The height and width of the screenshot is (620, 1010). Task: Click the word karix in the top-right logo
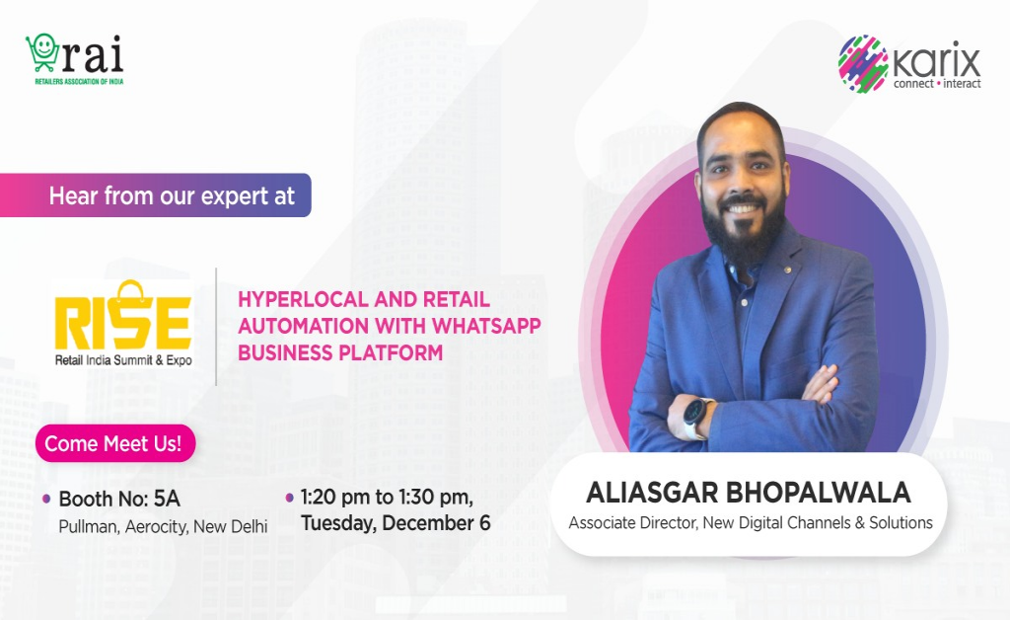[x=936, y=63]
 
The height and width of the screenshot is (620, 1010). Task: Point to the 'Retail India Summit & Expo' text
[x=123, y=359]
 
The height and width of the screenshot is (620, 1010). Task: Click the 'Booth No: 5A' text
[x=119, y=499]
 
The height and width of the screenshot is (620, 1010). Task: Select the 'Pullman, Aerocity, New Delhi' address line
[x=163, y=526]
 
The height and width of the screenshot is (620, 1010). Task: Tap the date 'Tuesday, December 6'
[x=395, y=522]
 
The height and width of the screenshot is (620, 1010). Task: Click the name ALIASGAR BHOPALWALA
[x=748, y=492]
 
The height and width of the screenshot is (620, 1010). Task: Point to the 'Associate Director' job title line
[x=750, y=522]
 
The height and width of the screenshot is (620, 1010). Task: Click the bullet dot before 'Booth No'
[x=46, y=499]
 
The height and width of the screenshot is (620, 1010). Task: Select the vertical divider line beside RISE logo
[x=216, y=326]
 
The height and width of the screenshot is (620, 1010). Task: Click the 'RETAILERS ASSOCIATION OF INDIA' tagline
[x=75, y=81]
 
